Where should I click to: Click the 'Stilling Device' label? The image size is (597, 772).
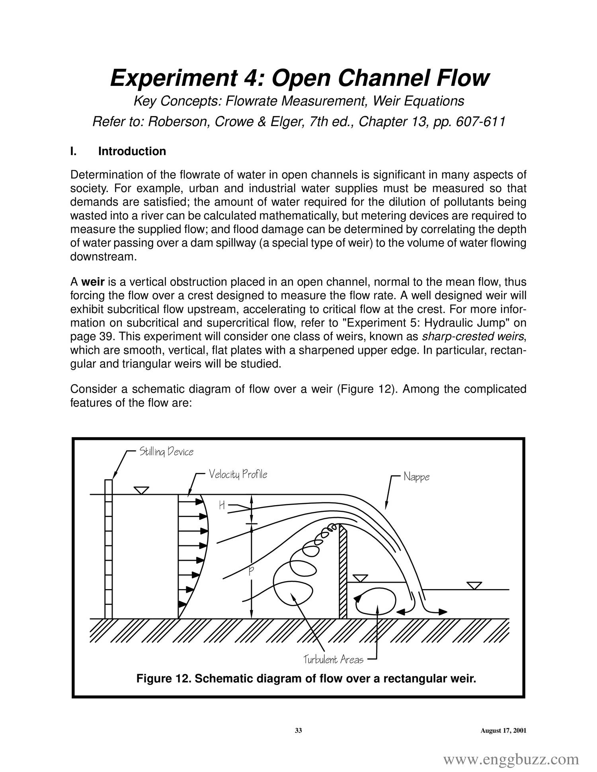click(166, 452)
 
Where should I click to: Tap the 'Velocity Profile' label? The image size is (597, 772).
click(238, 474)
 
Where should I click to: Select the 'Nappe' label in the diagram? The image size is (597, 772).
click(416, 476)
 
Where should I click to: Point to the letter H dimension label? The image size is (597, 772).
click(222, 506)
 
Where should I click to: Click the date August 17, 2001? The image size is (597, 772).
click(503, 730)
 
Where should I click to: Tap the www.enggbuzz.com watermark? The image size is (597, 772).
click(511, 759)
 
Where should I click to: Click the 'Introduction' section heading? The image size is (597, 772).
click(132, 152)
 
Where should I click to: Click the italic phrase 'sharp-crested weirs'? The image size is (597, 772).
click(473, 337)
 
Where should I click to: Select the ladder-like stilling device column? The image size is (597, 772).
click(109, 549)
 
